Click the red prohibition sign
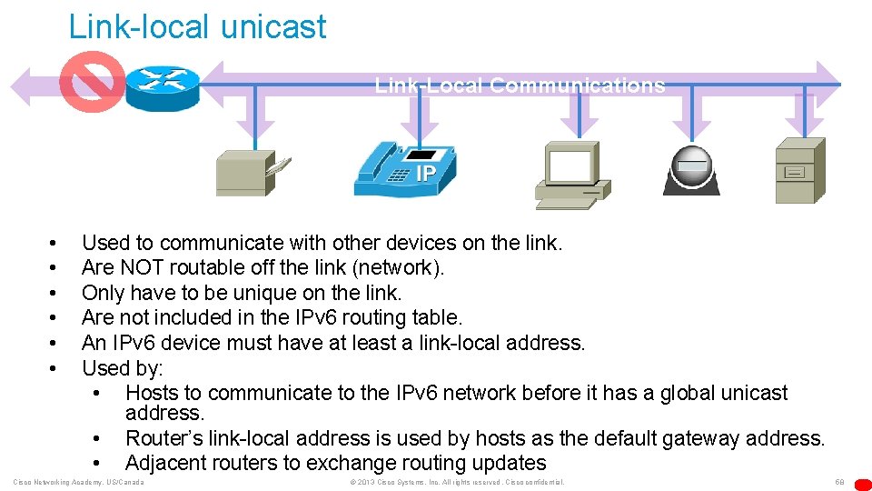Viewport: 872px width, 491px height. click(91, 82)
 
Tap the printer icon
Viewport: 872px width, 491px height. click(249, 171)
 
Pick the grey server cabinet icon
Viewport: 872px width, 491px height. click(799, 170)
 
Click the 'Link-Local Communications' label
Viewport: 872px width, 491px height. click(520, 86)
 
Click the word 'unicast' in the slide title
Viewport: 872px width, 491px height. click(272, 26)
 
